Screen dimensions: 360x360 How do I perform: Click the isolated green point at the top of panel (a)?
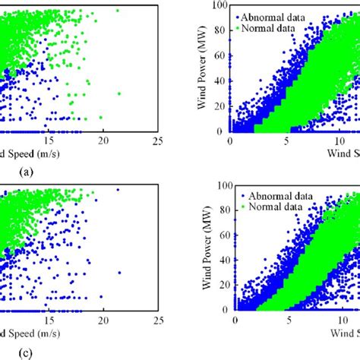pos(117,11)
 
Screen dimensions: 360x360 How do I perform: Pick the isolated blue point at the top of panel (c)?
pos(118,189)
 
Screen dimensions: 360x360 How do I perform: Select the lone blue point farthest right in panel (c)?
pos(119,273)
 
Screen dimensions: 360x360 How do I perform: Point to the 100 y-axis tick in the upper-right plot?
pos(220,5)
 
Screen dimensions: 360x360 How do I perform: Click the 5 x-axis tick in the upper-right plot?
pos(287,140)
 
